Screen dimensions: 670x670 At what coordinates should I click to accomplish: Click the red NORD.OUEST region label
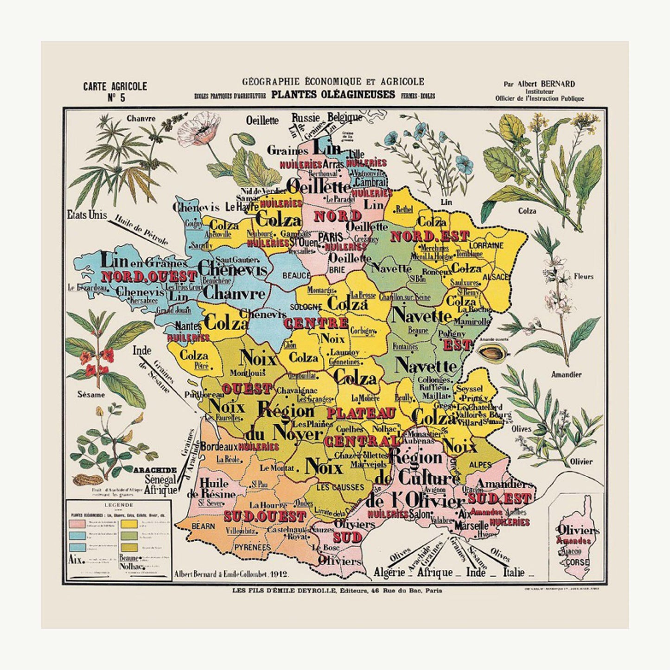click(149, 277)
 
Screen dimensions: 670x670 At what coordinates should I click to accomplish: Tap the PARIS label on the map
click(331, 236)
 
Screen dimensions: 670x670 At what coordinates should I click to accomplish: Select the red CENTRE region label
click(316, 323)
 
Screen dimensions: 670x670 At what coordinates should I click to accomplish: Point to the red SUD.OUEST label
click(265, 516)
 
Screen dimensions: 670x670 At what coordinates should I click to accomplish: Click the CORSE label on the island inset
click(577, 562)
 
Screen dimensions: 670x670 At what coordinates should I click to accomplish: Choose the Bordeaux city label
click(219, 447)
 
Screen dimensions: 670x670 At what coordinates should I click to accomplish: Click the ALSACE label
click(496, 277)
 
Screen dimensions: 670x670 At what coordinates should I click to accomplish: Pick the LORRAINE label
click(486, 245)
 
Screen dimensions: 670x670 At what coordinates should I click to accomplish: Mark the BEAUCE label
click(296, 275)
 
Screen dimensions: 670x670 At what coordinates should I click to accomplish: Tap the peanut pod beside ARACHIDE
click(87, 480)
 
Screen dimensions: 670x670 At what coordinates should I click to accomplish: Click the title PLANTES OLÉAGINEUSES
click(333, 95)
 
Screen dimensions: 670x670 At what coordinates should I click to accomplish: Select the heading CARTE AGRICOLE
click(115, 86)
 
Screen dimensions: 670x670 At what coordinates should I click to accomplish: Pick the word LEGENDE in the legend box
click(120, 505)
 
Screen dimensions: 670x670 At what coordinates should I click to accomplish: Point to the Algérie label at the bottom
click(389, 573)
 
